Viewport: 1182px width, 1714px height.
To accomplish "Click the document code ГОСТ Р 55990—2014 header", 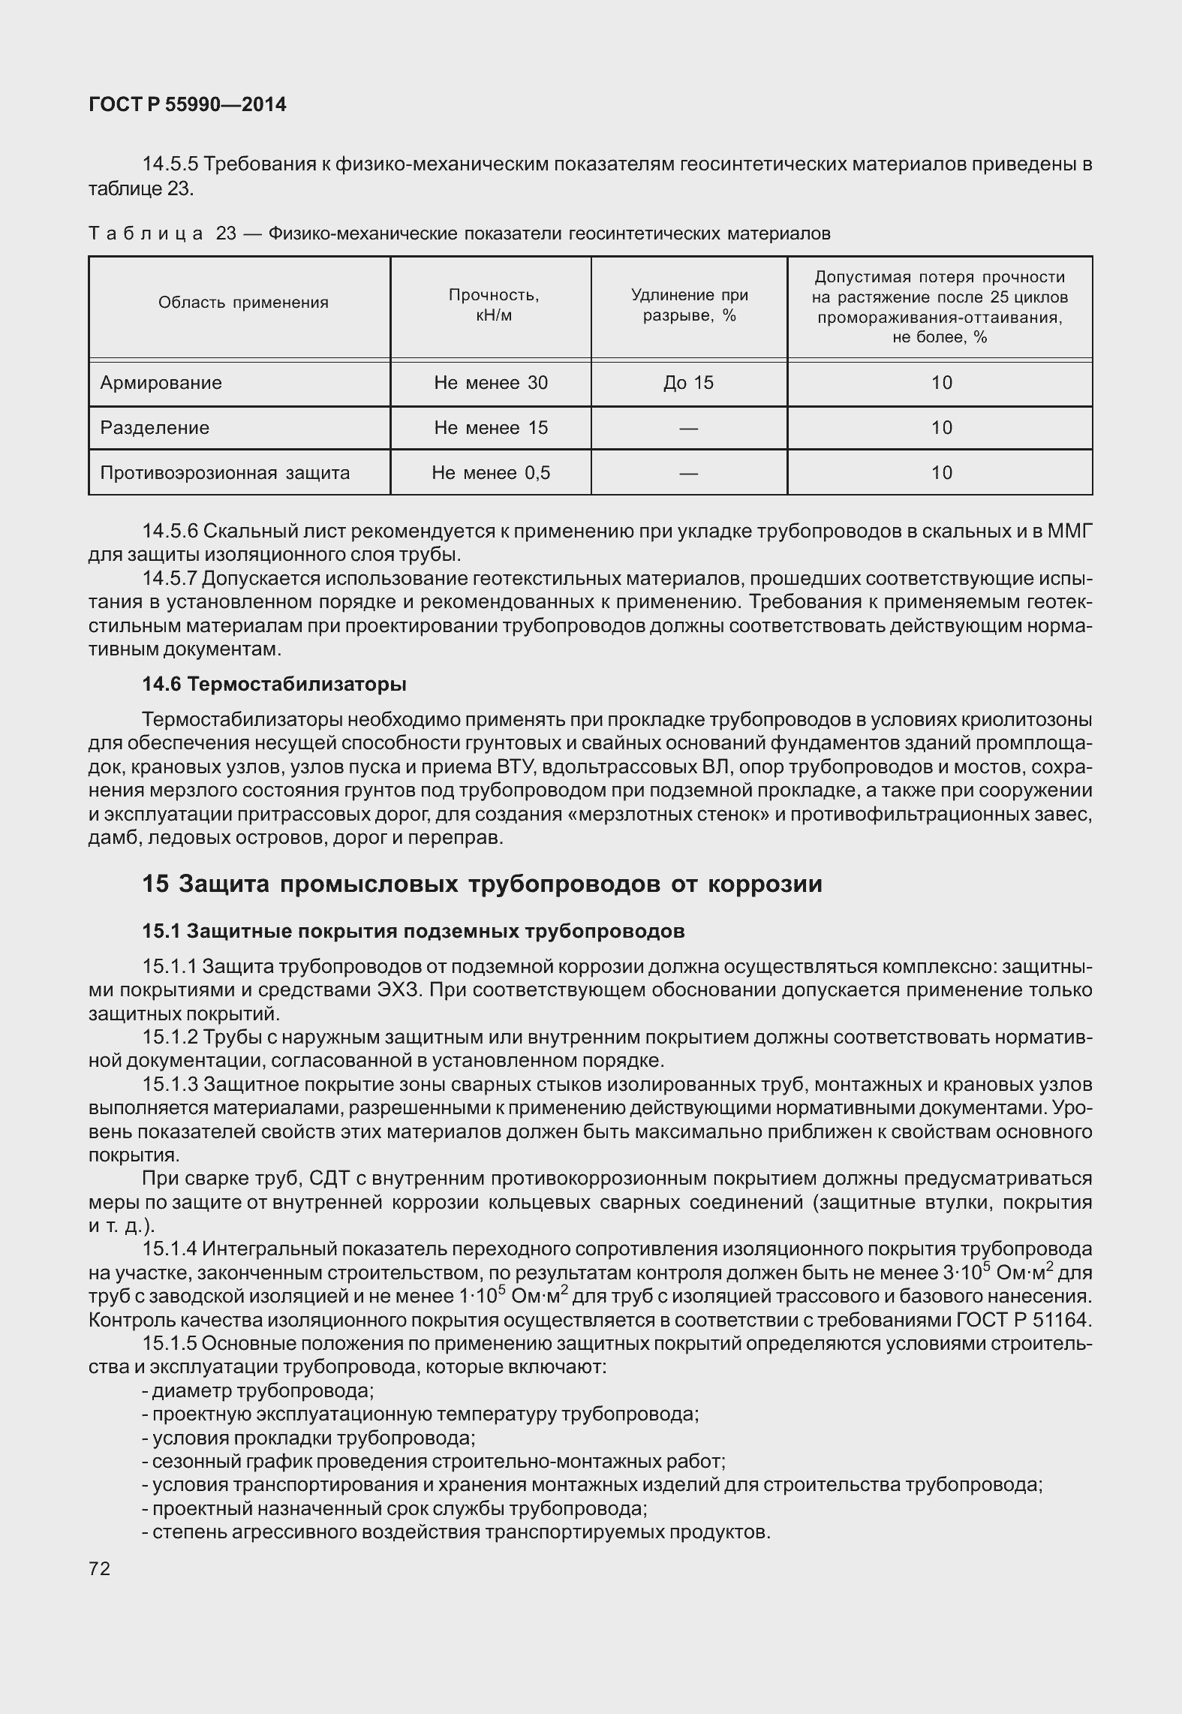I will (187, 105).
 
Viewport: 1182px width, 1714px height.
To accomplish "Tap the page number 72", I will (99, 1568).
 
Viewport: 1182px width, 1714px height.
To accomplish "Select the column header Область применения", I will (243, 303).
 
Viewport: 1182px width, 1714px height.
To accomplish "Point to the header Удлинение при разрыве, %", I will (689, 305).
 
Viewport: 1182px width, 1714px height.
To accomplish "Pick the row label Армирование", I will (161, 383).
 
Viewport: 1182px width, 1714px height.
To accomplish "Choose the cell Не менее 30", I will (491, 383).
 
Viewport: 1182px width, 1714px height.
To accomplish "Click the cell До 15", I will (688, 383).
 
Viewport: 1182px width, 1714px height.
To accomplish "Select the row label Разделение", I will (155, 428).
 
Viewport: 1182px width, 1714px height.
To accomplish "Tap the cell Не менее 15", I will (491, 428).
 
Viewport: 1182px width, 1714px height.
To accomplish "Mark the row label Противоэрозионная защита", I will (225, 473).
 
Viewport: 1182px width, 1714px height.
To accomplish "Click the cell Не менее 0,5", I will (491, 473).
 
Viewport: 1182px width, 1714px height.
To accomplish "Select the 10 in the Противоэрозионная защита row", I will (941, 473).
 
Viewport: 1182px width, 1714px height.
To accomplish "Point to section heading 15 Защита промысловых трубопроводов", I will (482, 884).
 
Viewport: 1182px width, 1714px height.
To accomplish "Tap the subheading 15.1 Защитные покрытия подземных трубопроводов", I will (413, 931).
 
